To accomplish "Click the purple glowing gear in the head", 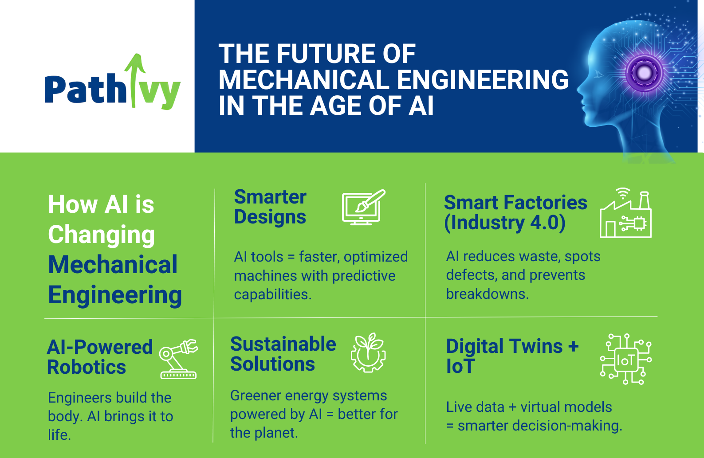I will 644,72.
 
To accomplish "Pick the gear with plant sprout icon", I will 368,353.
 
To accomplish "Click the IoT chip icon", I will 625,360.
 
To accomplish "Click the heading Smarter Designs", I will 270,207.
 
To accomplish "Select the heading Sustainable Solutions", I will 283,354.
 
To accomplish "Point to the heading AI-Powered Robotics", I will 100,357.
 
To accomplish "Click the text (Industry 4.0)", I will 504,223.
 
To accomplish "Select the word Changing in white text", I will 102,235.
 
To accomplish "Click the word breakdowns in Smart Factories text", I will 487,294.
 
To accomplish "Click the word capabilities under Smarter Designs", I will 272,295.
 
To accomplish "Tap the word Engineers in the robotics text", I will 78,398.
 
